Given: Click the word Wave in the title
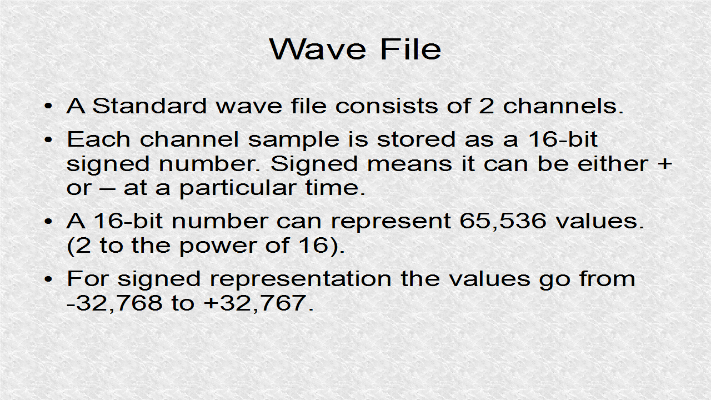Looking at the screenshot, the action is (318, 49).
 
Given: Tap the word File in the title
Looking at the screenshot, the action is (410, 49).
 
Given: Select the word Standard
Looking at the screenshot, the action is (149, 106).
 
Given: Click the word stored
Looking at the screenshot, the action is (416, 139).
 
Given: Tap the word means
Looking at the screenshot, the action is (409, 164).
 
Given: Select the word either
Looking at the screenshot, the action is (613, 164).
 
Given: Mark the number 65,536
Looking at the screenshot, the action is (503, 221).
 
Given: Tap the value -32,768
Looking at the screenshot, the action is (114, 303).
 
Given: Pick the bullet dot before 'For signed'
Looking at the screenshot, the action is (48, 279).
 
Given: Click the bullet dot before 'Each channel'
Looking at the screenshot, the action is (48, 139).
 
